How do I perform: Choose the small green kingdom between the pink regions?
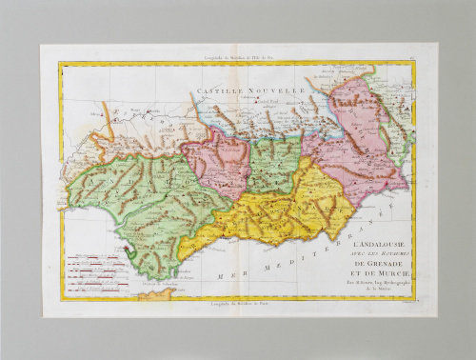[275, 162]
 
